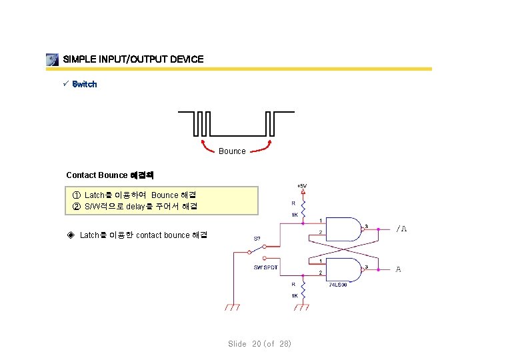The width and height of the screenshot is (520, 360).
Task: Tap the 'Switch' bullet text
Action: pyautogui.click(x=85, y=84)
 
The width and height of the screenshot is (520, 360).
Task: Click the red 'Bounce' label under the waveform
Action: pyautogui.click(x=232, y=151)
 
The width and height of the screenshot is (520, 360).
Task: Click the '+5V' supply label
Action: pyautogui.click(x=302, y=185)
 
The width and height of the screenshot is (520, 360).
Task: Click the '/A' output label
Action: pyautogui.click(x=401, y=229)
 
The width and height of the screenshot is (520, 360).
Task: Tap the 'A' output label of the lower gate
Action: pyautogui.click(x=398, y=269)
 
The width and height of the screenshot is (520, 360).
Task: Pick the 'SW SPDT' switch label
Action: pyautogui.click(x=266, y=267)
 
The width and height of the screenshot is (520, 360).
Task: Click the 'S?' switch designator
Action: pyautogui.click(x=257, y=238)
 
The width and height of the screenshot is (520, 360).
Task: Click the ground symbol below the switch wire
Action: pyautogui.click(x=232, y=308)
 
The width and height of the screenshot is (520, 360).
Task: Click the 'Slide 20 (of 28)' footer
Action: pyautogui.click(x=259, y=344)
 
